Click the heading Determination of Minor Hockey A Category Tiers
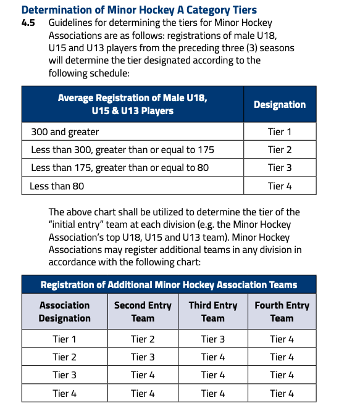[138, 10]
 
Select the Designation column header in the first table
[279, 104]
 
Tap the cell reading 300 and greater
[65, 131]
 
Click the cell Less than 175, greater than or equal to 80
[120, 167]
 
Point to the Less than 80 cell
[57, 185]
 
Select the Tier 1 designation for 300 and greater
[279, 131]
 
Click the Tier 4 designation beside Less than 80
[279, 185]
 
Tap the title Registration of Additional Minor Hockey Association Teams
[169, 284]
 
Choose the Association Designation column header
[64, 312]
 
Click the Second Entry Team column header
[143, 312]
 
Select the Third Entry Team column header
[212, 312]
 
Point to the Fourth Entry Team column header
[282, 312]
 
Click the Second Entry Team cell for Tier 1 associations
[143, 339]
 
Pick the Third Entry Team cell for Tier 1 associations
[212, 339]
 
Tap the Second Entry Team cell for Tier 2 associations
[143, 357]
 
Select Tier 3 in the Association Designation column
[64, 375]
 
